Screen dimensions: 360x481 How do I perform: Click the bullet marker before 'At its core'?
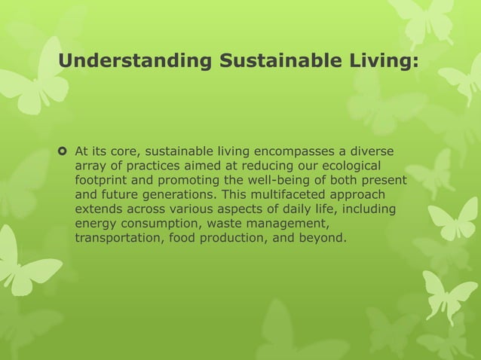(64, 154)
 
